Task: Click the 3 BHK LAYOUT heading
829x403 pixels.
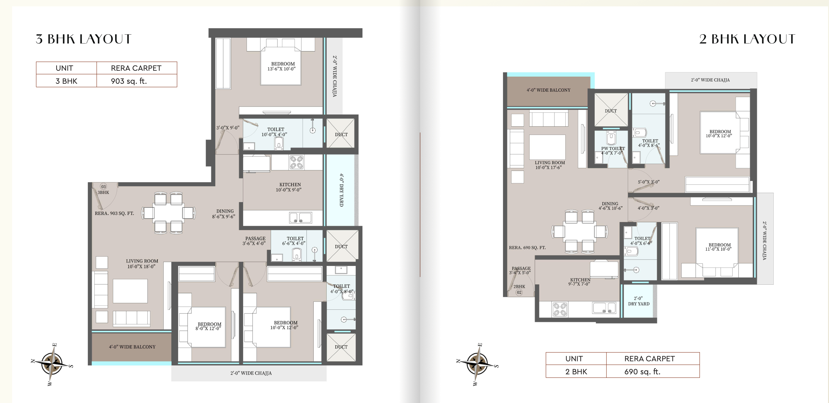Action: [83, 39]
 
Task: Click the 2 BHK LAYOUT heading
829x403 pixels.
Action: [747, 39]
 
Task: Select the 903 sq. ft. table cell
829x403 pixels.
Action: [137, 81]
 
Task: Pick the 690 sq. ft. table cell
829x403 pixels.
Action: [653, 371]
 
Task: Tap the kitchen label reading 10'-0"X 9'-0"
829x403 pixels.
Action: [289, 187]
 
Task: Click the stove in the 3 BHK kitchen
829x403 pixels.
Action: [296, 162]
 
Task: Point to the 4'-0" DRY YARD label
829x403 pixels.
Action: [341, 190]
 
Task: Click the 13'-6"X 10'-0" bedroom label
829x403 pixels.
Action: [282, 66]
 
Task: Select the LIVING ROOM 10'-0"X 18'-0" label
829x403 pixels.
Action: [142, 264]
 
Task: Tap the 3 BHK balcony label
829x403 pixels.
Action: [132, 347]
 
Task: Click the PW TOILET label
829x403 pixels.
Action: [613, 151]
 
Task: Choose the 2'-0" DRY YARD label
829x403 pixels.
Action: [639, 301]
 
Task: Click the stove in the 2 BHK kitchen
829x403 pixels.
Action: [560, 309]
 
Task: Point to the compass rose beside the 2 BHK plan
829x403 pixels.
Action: [477, 364]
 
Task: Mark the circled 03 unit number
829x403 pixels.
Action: [103, 187]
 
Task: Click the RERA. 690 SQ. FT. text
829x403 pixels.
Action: [527, 248]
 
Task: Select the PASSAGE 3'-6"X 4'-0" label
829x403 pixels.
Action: [254, 241]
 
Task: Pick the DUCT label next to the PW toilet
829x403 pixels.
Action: [610, 111]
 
